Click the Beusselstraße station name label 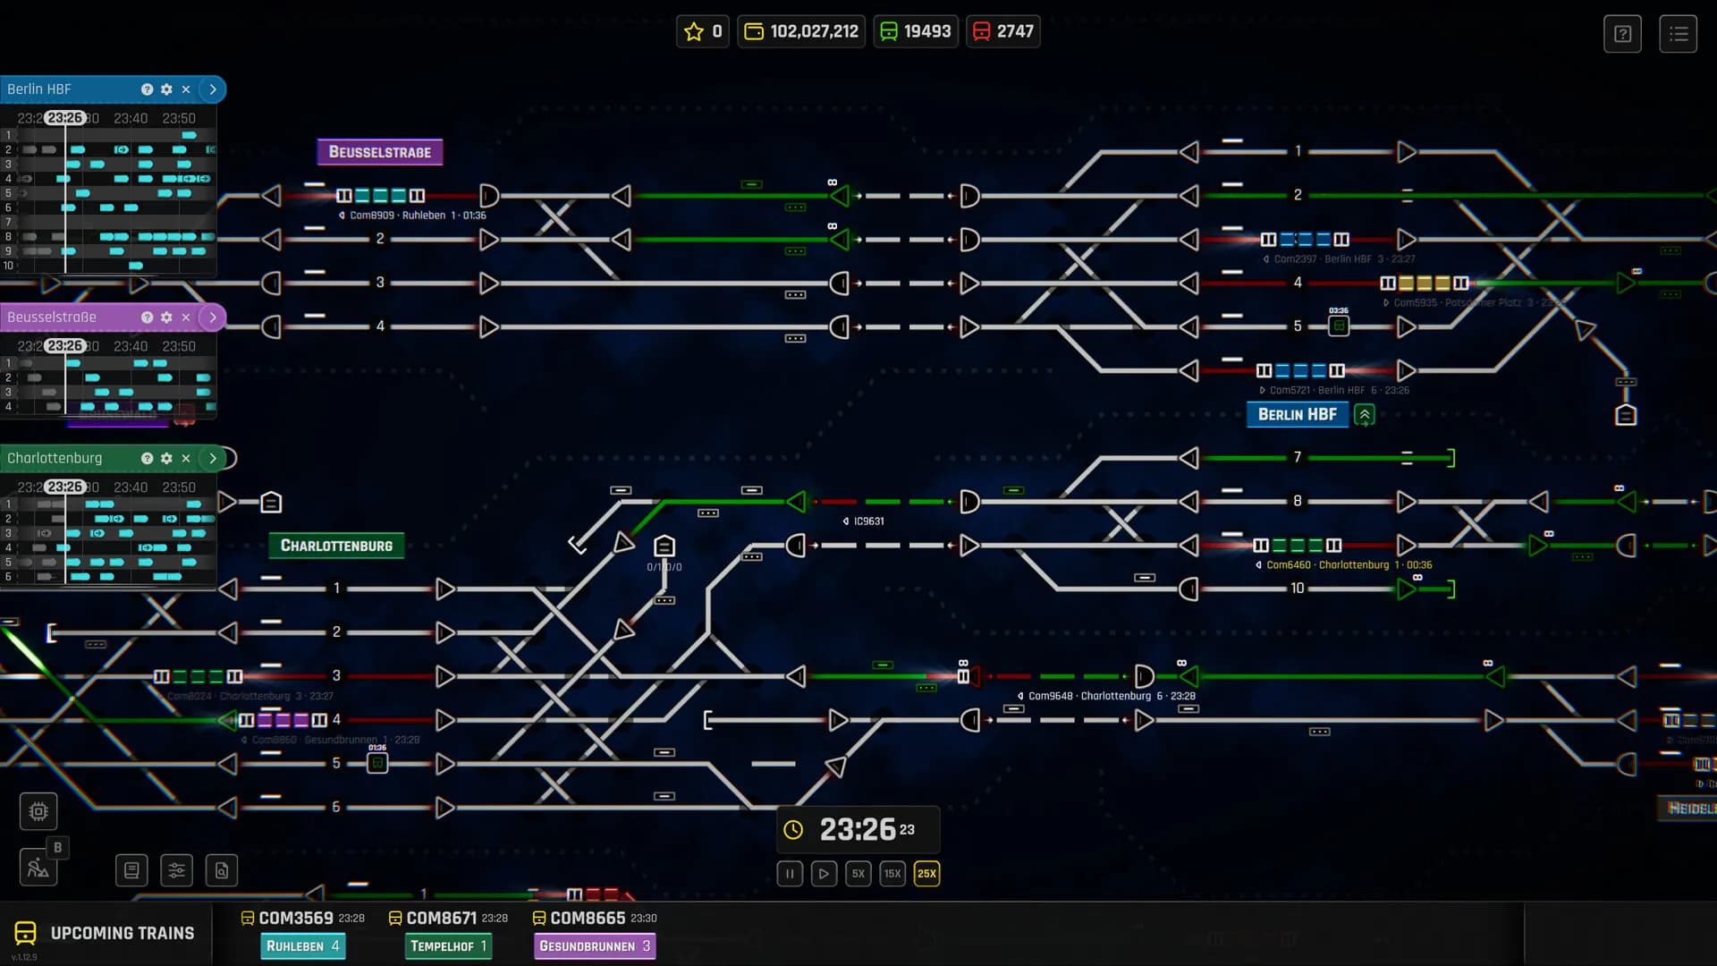[379, 152]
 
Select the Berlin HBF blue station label [1297, 414]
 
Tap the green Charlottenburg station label [336, 546]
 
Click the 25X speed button [926, 874]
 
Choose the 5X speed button [858, 874]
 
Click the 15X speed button [892, 874]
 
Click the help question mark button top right [1622, 34]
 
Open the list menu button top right [1678, 34]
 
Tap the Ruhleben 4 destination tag [302, 946]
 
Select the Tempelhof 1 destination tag [448, 946]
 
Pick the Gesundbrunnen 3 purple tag [594, 946]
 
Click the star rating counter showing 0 [703, 31]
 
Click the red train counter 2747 [1002, 31]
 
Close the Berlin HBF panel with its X [186, 89]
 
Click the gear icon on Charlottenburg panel [166, 458]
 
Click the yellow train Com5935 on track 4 [1424, 284]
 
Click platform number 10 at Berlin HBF [1297, 589]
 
